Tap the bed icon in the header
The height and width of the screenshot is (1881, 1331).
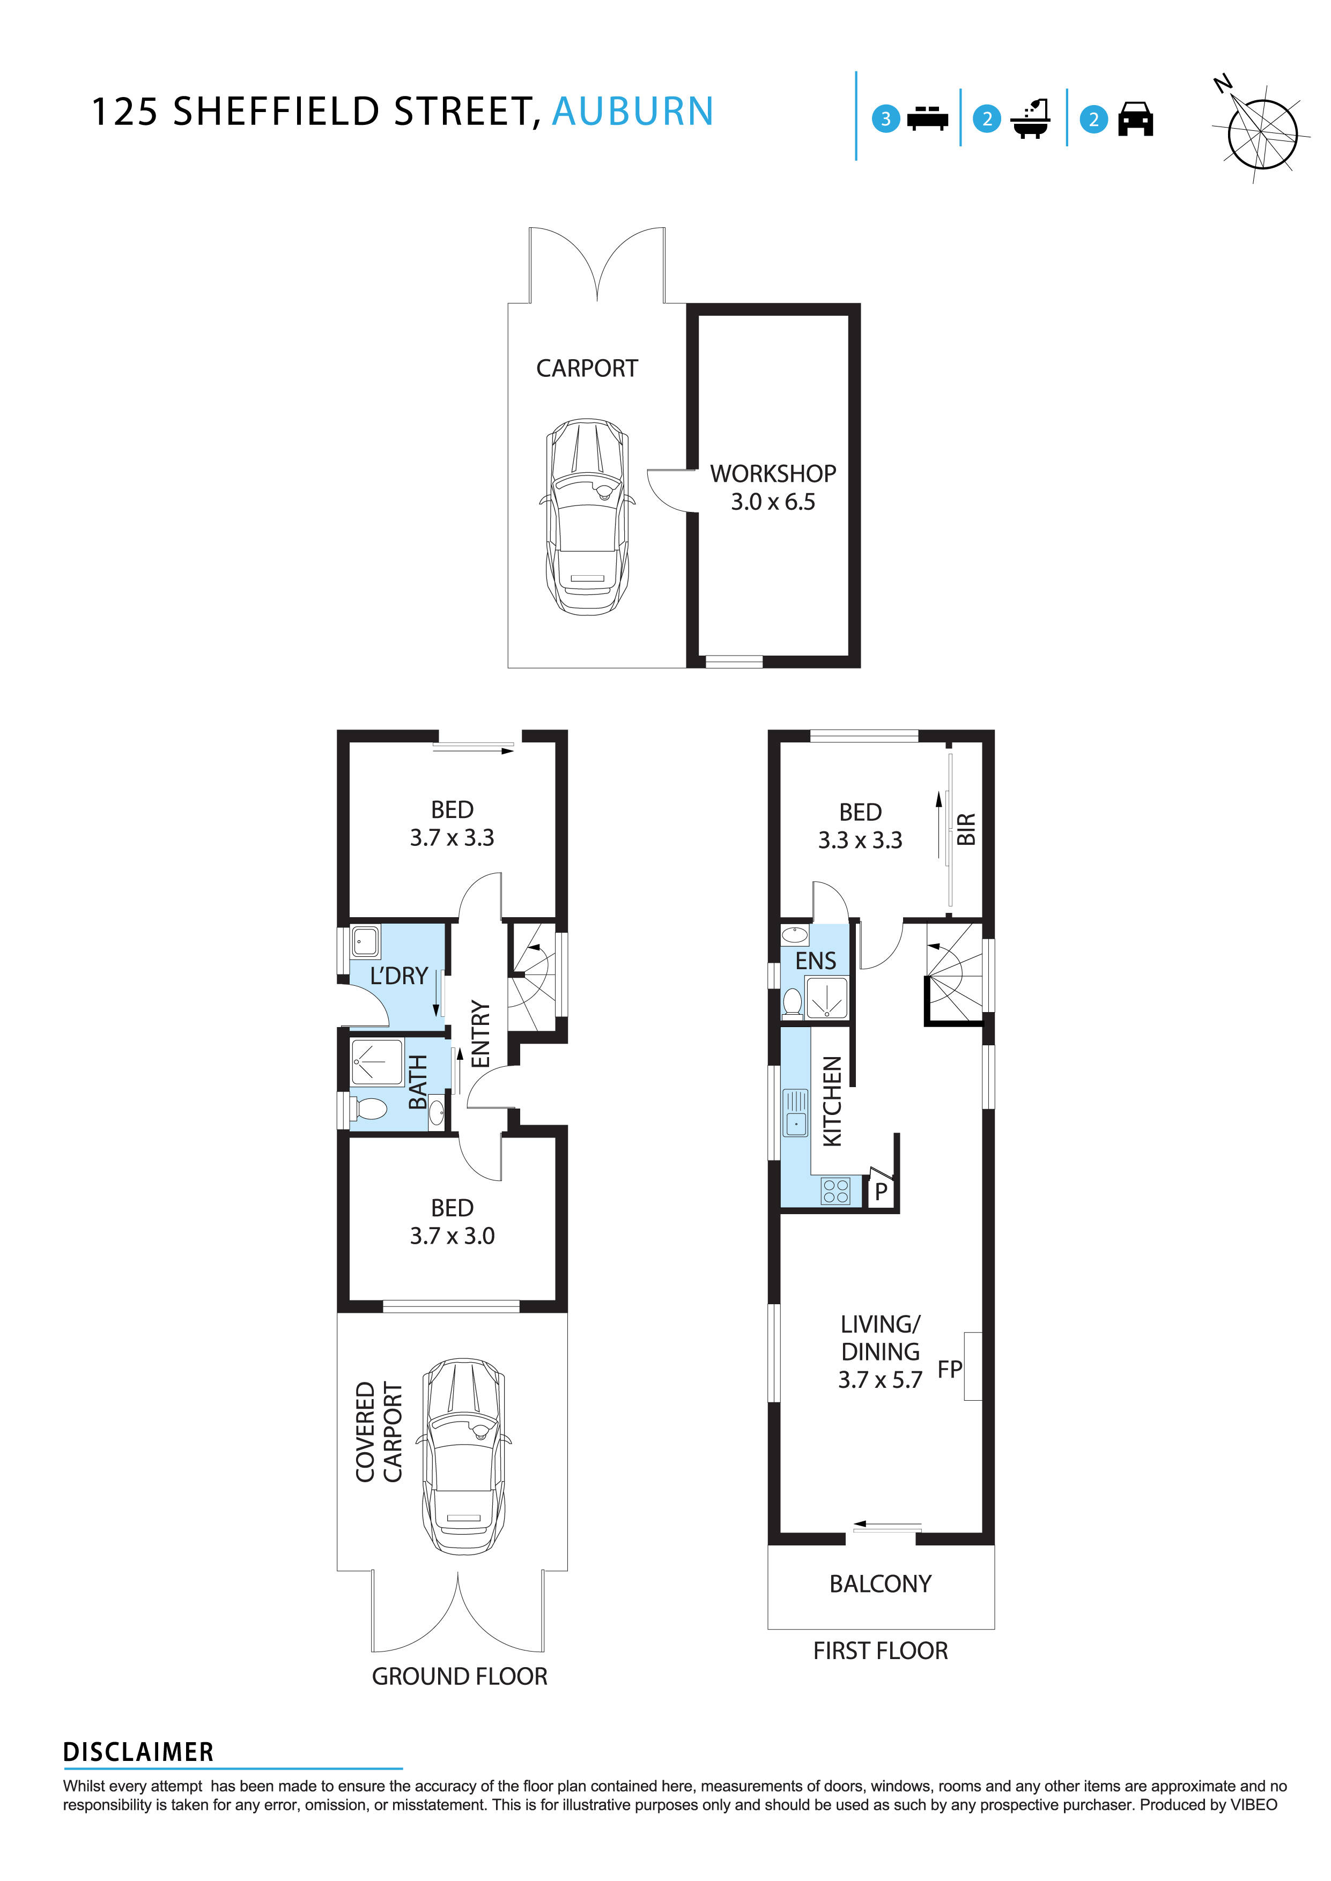(x=927, y=119)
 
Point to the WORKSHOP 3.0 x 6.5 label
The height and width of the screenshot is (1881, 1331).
(x=772, y=487)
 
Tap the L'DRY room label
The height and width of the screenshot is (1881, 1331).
(x=399, y=976)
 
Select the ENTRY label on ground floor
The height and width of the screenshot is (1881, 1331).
(x=481, y=1034)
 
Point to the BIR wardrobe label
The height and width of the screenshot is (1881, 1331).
(x=966, y=829)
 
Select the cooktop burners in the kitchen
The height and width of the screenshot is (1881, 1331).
(x=834, y=1191)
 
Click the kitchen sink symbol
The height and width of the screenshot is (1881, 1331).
(x=795, y=1112)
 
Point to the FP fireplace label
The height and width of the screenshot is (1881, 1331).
(x=949, y=1369)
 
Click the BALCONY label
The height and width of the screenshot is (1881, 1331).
(x=880, y=1583)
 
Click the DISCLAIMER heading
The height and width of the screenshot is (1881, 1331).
(x=138, y=1752)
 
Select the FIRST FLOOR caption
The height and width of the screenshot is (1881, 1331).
(x=880, y=1651)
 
